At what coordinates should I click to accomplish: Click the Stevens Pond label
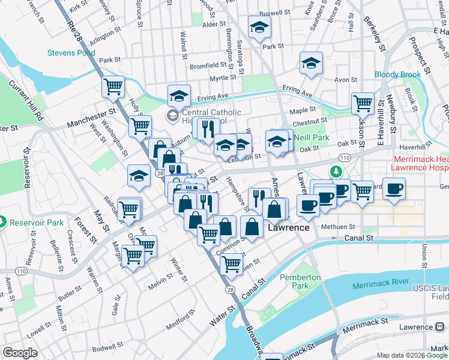pos(71,53)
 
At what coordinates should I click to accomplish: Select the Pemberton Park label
pos(300,283)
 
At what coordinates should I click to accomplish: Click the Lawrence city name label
pos(289,228)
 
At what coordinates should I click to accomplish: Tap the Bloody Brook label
pos(397,75)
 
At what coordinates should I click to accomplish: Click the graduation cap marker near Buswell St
pos(260,28)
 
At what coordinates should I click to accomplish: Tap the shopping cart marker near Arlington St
pos(113,88)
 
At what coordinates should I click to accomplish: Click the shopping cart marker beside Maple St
pos(363,103)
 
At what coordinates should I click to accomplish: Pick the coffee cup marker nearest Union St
pos(394,190)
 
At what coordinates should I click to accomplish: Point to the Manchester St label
pos(91,116)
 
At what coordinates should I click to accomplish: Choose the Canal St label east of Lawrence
pos(358,238)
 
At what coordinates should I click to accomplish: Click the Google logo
pos(20,353)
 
